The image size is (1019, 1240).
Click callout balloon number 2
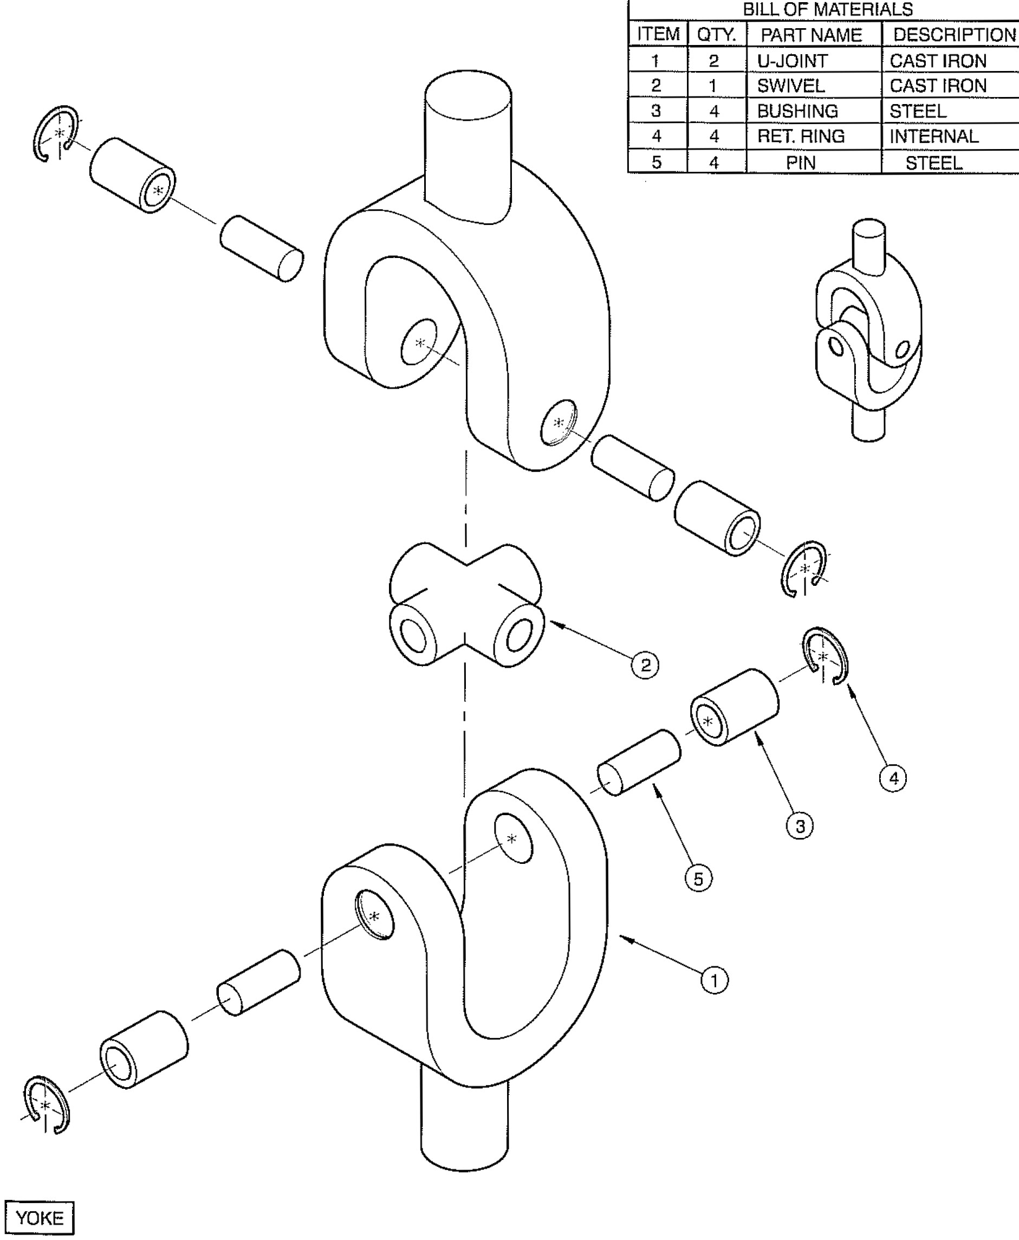pos(645,665)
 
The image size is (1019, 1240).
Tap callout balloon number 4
pos(893,778)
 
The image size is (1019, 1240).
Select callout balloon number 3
pos(800,826)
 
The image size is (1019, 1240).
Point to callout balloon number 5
pos(698,879)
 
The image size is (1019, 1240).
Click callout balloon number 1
pos(715,980)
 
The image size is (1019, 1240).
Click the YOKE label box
pos(40,1218)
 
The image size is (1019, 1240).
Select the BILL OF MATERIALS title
pos(828,9)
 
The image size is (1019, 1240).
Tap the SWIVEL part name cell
pos(791,86)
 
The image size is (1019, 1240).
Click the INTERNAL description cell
pos(934,137)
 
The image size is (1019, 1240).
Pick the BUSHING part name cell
pos(797,111)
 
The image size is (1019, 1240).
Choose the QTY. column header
pos(716,35)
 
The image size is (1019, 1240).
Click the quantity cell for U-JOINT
pos(714,61)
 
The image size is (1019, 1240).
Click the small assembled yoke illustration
pos(868,332)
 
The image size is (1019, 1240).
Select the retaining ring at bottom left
pos(46,1106)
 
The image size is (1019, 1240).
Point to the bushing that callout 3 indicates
pos(734,707)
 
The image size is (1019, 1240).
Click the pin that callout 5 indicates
pos(639,763)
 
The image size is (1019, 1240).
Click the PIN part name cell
pos(801,163)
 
